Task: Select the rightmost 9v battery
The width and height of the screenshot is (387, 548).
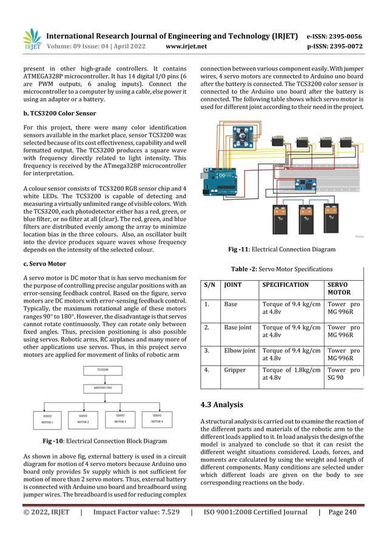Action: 331,219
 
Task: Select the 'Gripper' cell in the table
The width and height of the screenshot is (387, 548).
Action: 235,369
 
